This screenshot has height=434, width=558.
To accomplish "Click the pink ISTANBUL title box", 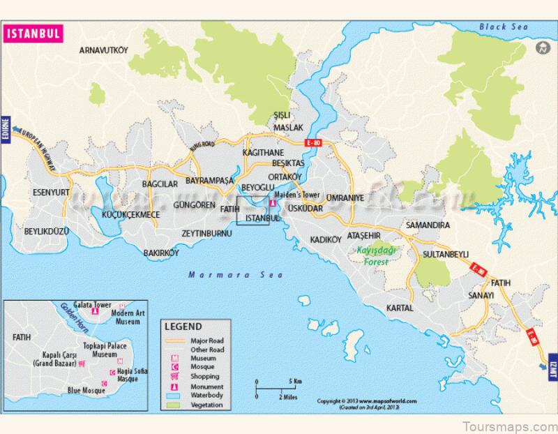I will (x=33, y=33).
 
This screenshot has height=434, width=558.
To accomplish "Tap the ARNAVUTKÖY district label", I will (x=104, y=50).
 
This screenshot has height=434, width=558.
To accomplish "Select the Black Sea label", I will (x=504, y=27).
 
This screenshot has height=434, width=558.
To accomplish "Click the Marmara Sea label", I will (x=236, y=275).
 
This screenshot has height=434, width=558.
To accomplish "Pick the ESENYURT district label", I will (x=52, y=192).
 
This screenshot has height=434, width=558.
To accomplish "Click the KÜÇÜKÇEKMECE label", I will (x=130, y=215).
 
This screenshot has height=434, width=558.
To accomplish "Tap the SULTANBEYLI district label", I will (x=445, y=255).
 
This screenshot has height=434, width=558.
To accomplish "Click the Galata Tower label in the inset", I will (x=93, y=305).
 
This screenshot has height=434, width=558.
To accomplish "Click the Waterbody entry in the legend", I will (x=205, y=396).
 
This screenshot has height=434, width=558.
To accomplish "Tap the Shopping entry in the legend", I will (x=204, y=376).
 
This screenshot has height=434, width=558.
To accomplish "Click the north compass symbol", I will (x=541, y=48).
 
